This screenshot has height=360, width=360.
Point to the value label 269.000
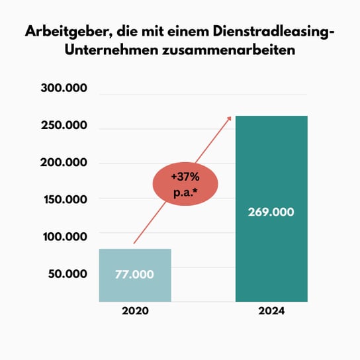coord(272,213)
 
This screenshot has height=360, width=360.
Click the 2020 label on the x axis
coord(134,310)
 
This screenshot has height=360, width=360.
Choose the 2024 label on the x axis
coord(271,310)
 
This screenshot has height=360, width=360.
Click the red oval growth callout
coord(187,185)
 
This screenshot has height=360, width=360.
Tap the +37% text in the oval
coord(187,177)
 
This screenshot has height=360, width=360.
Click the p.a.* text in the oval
coord(187,194)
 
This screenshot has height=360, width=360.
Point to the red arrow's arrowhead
coord(229,118)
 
